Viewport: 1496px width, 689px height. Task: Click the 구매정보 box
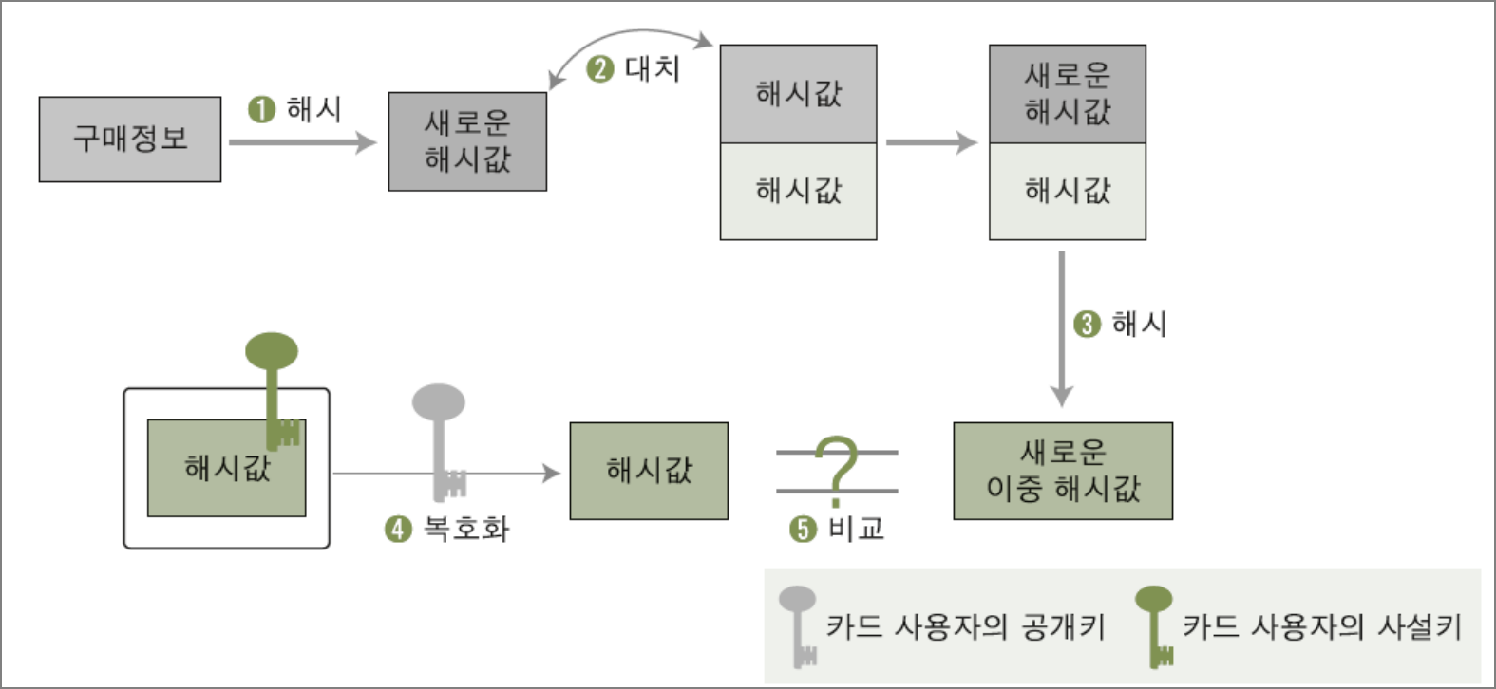130,140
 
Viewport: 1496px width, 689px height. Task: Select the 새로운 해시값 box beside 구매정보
467,141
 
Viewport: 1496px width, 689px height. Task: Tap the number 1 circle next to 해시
261,109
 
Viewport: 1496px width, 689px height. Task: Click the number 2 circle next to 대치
600,69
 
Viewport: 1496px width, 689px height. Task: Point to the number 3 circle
1087,325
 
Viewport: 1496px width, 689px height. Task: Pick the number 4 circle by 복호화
398,529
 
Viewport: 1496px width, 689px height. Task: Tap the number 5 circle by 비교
803,529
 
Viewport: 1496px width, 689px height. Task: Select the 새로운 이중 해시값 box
1063,471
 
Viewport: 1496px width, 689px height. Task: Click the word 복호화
466,529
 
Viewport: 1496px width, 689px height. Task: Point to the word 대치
653,69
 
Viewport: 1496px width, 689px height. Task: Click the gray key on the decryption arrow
440,437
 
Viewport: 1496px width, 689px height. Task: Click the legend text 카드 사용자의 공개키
965,626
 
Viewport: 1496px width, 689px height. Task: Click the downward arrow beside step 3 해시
1062,327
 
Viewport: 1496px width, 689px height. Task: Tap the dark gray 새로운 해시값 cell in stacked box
1068,94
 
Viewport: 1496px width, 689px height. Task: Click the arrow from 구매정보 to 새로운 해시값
302,142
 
